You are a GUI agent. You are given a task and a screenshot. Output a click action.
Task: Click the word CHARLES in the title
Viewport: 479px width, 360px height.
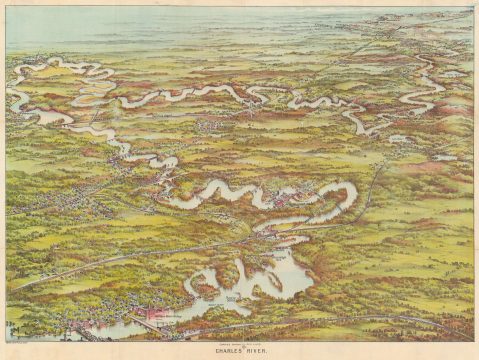(229, 351)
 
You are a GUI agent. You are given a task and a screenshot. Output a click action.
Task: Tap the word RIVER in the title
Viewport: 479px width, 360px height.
(257, 351)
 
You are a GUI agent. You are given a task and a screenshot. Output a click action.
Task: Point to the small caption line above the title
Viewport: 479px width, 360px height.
(240, 344)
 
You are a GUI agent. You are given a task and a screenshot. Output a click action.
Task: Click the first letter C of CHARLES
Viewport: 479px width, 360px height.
(216, 351)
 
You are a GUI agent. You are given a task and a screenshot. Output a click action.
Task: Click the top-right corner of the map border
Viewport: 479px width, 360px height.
(473, 7)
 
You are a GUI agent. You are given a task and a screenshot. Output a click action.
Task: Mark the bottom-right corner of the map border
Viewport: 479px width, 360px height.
(473, 340)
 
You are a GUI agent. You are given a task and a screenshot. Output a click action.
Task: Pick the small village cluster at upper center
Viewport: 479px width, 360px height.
(215, 124)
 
